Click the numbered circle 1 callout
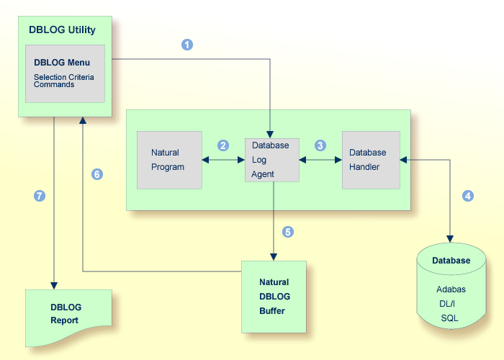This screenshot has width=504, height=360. pos(187,45)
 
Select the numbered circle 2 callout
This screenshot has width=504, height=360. pos(223,145)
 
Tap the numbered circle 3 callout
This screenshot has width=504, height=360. pos(320,145)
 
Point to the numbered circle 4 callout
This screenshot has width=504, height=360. pos(468,196)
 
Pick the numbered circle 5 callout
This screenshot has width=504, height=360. pos(288,232)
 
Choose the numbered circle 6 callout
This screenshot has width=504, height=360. pos(97,174)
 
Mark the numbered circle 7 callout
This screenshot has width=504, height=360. pos(40,196)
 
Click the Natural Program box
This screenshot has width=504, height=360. pos(169,160)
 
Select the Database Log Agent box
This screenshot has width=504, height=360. pos(271,160)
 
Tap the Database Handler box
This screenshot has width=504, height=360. pos(371,160)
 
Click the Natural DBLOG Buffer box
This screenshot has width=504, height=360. pos(274,297)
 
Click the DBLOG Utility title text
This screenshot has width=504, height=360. pos(62,30)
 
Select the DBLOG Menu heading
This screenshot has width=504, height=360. pos(62,63)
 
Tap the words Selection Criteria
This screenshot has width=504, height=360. pos(64,76)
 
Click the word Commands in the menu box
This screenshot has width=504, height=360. pos(54,84)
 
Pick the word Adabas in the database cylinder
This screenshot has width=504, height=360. pos(451,289)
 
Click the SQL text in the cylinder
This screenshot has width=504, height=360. pos(451,318)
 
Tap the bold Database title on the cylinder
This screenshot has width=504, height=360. pos(451,261)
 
